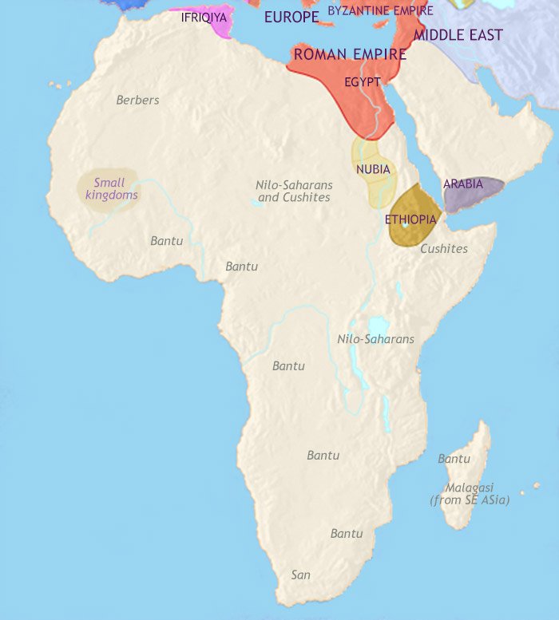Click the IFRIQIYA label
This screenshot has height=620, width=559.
[x=204, y=16]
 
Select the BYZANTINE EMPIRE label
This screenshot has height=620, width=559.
[x=380, y=10]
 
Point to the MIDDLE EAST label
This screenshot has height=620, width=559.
[x=458, y=34]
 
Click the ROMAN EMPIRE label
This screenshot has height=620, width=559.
[x=350, y=54]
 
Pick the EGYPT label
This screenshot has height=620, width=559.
[x=362, y=81]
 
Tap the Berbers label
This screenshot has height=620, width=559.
[x=137, y=100]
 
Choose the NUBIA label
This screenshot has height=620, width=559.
[x=373, y=169]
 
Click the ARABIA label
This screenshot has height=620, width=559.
[x=463, y=184]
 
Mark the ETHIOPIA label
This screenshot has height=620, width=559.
[x=410, y=219]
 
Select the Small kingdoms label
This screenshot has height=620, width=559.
[x=111, y=188]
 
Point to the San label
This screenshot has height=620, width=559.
[x=300, y=575]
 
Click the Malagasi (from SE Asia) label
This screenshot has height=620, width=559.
[x=470, y=493]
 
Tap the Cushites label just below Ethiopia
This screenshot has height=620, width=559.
[x=443, y=248]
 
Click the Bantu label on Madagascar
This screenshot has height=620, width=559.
[x=454, y=459]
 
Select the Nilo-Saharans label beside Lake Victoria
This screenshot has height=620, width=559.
[x=375, y=339]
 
